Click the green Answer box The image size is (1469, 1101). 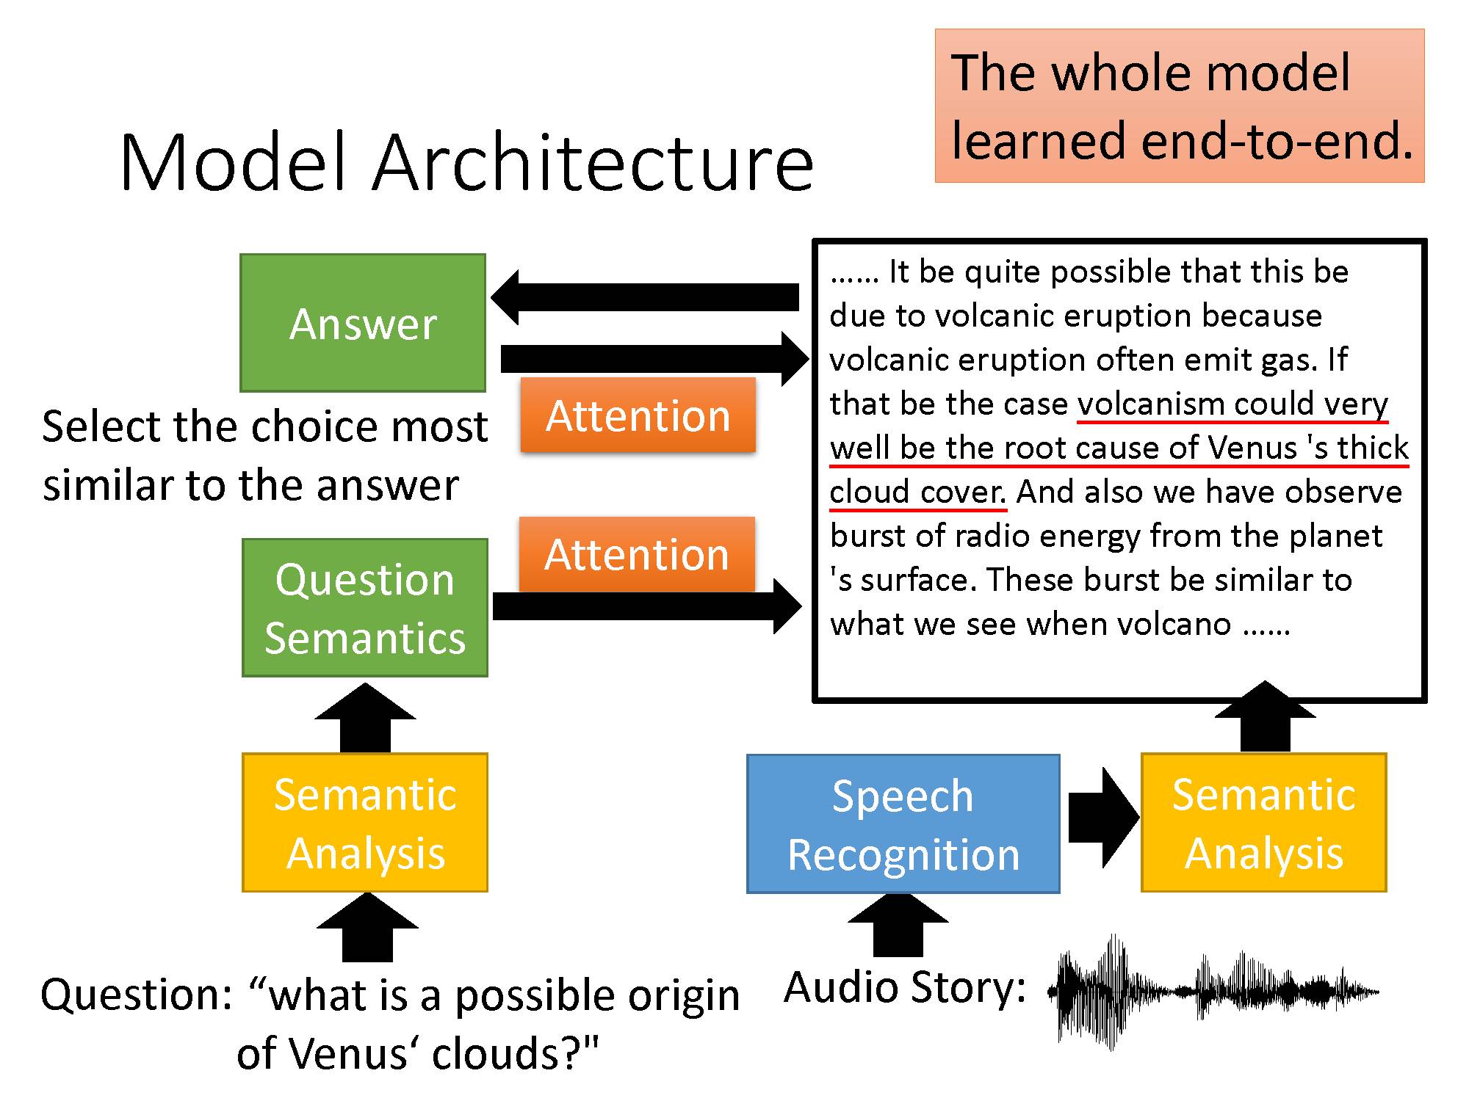pyautogui.click(x=363, y=323)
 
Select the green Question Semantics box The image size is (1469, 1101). pyautogui.click(x=365, y=608)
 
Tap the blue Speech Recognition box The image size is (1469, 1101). pyautogui.click(x=903, y=824)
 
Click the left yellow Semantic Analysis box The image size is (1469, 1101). pyautogui.click(x=365, y=823)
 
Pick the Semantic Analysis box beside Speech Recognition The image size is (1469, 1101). pyautogui.click(x=1263, y=823)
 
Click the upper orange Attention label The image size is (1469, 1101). pyautogui.click(x=638, y=415)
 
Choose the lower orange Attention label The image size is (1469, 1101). pyautogui.click(x=637, y=554)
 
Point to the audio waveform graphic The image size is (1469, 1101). pyautogui.click(x=1212, y=991)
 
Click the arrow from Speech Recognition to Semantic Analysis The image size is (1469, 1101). pyautogui.click(x=1102, y=817)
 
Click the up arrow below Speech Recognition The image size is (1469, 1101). pyautogui.click(x=898, y=926)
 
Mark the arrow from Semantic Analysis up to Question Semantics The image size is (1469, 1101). pyautogui.click(x=365, y=719)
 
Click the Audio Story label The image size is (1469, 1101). pyautogui.click(x=905, y=987)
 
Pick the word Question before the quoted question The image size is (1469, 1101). pyautogui.click(x=137, y=995)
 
